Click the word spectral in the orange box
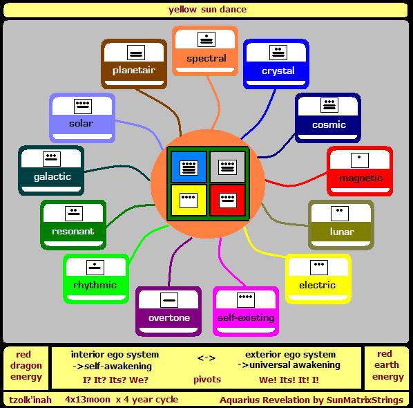pos(206,58)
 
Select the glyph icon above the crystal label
pos(278,53)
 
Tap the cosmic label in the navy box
pos(329,124)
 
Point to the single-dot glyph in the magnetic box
pos(360,160)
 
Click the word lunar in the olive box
pos(342,232)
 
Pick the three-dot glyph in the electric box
pos(319,268)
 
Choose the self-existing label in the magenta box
pos(246,317)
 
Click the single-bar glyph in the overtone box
pos(169,300)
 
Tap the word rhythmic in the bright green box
pos(95,285)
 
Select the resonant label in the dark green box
pos(73,231)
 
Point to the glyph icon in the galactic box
pos(52,159)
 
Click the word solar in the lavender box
pos(81,123)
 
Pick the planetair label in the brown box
pos(134,70)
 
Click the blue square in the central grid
pos(189,167)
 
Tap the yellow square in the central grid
pos(189,200)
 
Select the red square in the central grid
pos(228,200)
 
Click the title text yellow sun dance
pos(208,10)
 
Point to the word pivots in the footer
pos(207,380)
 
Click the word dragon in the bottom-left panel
pos(26,366)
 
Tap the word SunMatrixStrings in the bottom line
pos(365,400)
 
